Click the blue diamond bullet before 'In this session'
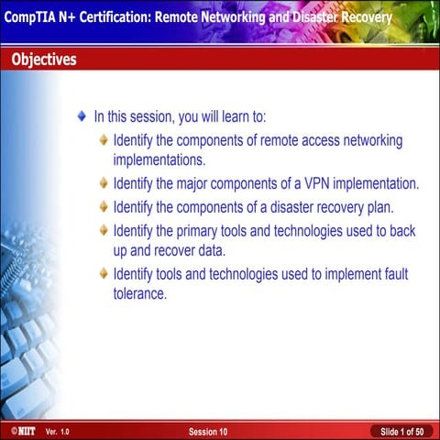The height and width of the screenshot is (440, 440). point(82,117)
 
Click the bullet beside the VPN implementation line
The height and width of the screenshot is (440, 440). point(104,183)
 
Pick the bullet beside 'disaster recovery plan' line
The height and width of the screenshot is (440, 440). point(104,207)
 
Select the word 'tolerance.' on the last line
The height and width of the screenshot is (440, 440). point(139,294)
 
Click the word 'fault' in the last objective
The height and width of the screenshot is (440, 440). point(391,274)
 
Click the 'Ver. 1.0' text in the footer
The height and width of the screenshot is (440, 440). point(57,431)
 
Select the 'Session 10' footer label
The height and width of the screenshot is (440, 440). point(208,431)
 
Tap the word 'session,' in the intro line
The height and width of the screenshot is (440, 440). point(155,117)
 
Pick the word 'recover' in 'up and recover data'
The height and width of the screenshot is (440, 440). point(183,250)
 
